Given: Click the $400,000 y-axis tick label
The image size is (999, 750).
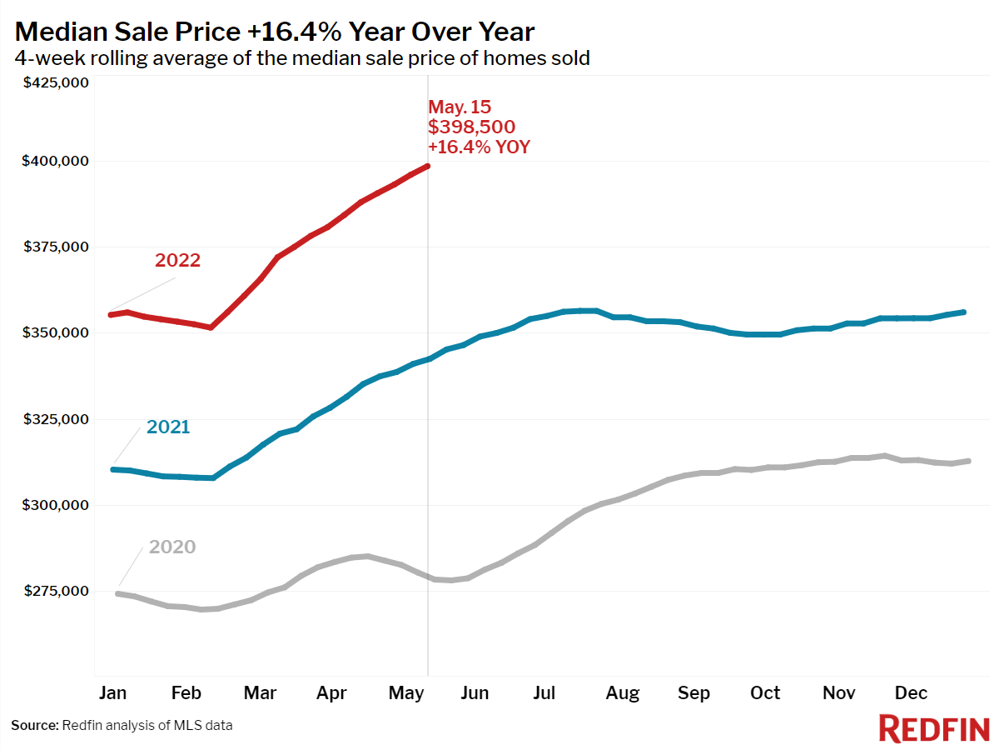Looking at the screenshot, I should (55, 161).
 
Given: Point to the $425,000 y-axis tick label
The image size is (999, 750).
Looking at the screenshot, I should (55, 82).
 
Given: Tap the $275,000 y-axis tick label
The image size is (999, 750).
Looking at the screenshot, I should (55, 591).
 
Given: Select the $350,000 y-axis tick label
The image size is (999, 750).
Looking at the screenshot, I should (55, 332).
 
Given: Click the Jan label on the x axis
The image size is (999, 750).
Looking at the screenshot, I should (112, 693).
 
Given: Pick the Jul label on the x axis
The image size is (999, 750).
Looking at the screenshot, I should (544, 693).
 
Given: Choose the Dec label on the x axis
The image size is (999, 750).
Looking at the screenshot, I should (911, 693).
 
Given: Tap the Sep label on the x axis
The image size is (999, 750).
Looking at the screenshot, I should (693, 693).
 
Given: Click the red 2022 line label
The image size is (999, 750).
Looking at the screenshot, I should (177, 260).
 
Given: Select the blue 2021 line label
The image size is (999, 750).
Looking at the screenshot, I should (168, 427).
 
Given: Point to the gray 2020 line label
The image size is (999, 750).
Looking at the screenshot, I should (172, 547).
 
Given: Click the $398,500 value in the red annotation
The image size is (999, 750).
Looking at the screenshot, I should (471, 127).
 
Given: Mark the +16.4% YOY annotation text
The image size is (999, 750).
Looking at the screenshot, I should (479, 147).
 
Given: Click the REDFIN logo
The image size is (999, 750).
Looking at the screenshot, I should (933, 728).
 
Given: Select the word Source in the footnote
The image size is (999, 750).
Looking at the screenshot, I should (34, 725).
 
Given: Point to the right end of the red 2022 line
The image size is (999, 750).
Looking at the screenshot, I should (428, 166).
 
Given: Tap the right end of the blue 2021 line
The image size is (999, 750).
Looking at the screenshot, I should (963, 312).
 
